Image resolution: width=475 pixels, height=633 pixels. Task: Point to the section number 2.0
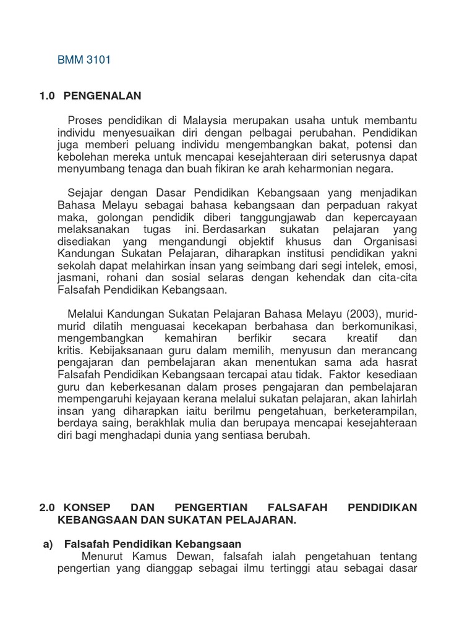tap(46, 508)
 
